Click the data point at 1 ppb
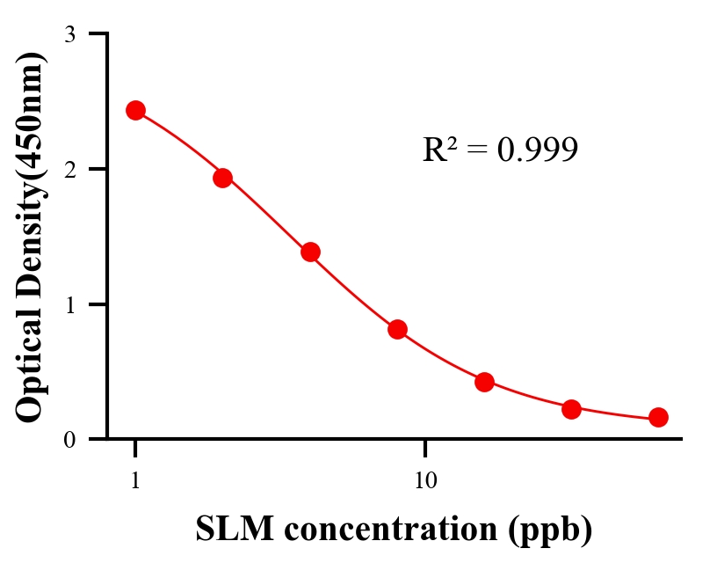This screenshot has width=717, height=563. click(x=135, y=110)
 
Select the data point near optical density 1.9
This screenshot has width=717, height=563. click(x=222, y=178)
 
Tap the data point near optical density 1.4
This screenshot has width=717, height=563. click(x=310, y=252)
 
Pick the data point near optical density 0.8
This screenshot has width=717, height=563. click(x=397, y=329)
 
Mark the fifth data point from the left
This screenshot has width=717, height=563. click(x=484, y=382)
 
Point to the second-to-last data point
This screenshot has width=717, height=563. click(x=571, y=409)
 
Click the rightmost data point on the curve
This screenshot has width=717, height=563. click(x=658, y=417)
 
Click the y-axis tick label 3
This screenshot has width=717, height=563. click(x=70, y=34)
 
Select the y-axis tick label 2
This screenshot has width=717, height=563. click(x=70, y=169)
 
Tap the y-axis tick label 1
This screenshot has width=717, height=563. click(x=70, y=304)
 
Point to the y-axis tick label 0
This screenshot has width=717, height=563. click(x=70, y=439)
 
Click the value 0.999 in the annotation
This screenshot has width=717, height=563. click(x=537, y=150)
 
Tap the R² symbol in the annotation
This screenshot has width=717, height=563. click(x=439, y=150)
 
